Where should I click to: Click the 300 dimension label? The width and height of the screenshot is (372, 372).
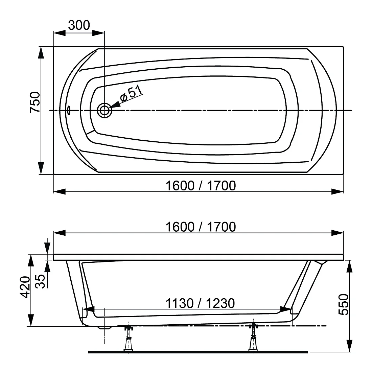pos(79,25)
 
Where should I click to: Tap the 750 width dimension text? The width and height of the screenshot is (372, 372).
pos(35,102)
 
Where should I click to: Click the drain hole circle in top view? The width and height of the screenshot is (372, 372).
pos(104,110)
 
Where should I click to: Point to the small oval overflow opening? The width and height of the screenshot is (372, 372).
pos(69,110)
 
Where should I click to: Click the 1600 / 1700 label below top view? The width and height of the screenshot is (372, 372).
pos(201,186)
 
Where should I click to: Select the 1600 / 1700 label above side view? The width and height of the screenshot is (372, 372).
pos(201,227)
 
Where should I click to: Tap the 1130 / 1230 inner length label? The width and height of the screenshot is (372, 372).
pos(200,303)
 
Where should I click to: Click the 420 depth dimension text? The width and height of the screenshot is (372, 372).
pos(25,287)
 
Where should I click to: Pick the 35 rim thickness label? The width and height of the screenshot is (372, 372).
pos(40,281)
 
